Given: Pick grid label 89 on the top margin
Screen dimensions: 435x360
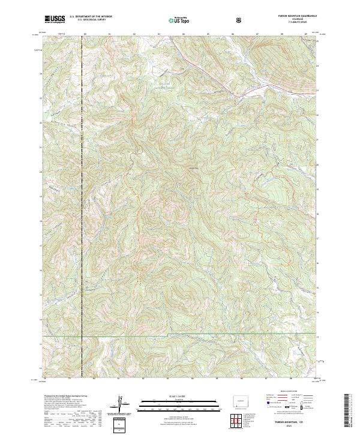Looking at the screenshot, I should coord(305,35).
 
